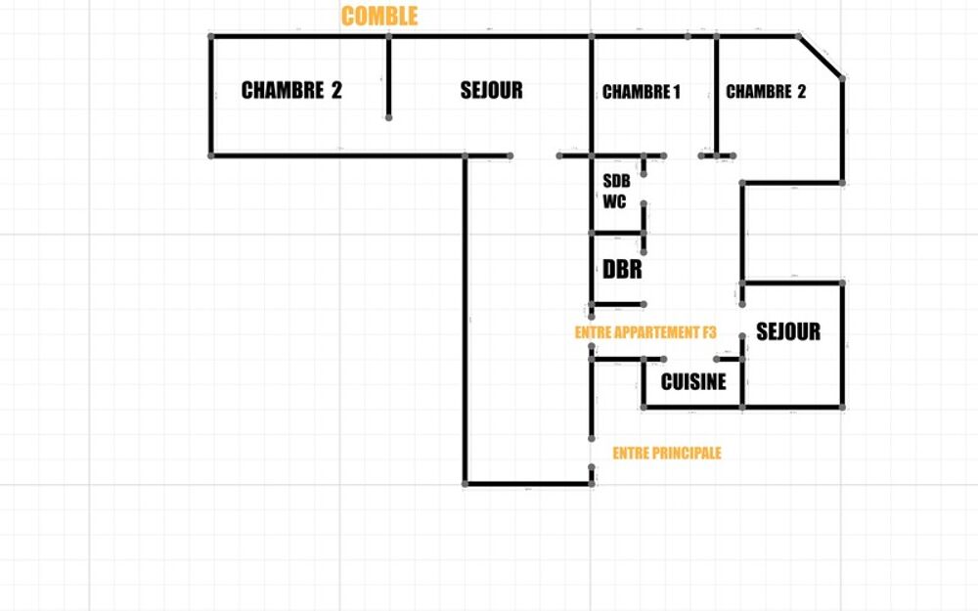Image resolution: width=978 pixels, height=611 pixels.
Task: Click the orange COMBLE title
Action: click(x=379, y=17)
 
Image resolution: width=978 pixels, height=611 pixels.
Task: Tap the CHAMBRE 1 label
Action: click(x=642, y=92)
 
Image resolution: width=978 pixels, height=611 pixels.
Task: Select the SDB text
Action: click(x=616, y=182)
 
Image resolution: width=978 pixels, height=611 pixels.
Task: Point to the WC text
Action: click(x=614, y=202)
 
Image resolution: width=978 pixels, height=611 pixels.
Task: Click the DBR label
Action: click(x=622, y=270)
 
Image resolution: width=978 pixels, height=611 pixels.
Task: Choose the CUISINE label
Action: click(x=693, y=381)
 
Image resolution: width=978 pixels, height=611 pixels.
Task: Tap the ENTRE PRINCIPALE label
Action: click(x=667, y=454)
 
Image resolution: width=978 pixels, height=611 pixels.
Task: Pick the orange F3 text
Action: click(x=709, y=332)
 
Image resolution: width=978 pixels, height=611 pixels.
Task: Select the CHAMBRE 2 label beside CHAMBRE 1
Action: click(x=766, y=92)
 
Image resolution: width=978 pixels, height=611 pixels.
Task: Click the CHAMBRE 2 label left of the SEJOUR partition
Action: click(x=291, y=90)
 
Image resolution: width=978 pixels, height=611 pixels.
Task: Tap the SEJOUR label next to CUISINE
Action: click(x=788, y=331)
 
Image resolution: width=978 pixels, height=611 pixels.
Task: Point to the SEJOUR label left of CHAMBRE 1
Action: click(x=492, y=90)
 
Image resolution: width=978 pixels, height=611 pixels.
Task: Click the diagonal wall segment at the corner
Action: click(x=821, y=58)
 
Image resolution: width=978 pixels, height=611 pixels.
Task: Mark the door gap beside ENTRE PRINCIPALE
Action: click(x=592, y=454)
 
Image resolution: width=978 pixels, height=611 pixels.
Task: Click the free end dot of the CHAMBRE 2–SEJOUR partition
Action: click(x=388, y=117)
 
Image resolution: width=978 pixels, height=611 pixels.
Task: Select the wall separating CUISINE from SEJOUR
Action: click(x=742, y=371)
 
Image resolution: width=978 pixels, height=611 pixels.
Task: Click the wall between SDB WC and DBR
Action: click(x=617, y=234)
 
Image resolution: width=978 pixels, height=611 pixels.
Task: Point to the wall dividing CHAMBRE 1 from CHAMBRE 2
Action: click(x=716, y=96)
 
